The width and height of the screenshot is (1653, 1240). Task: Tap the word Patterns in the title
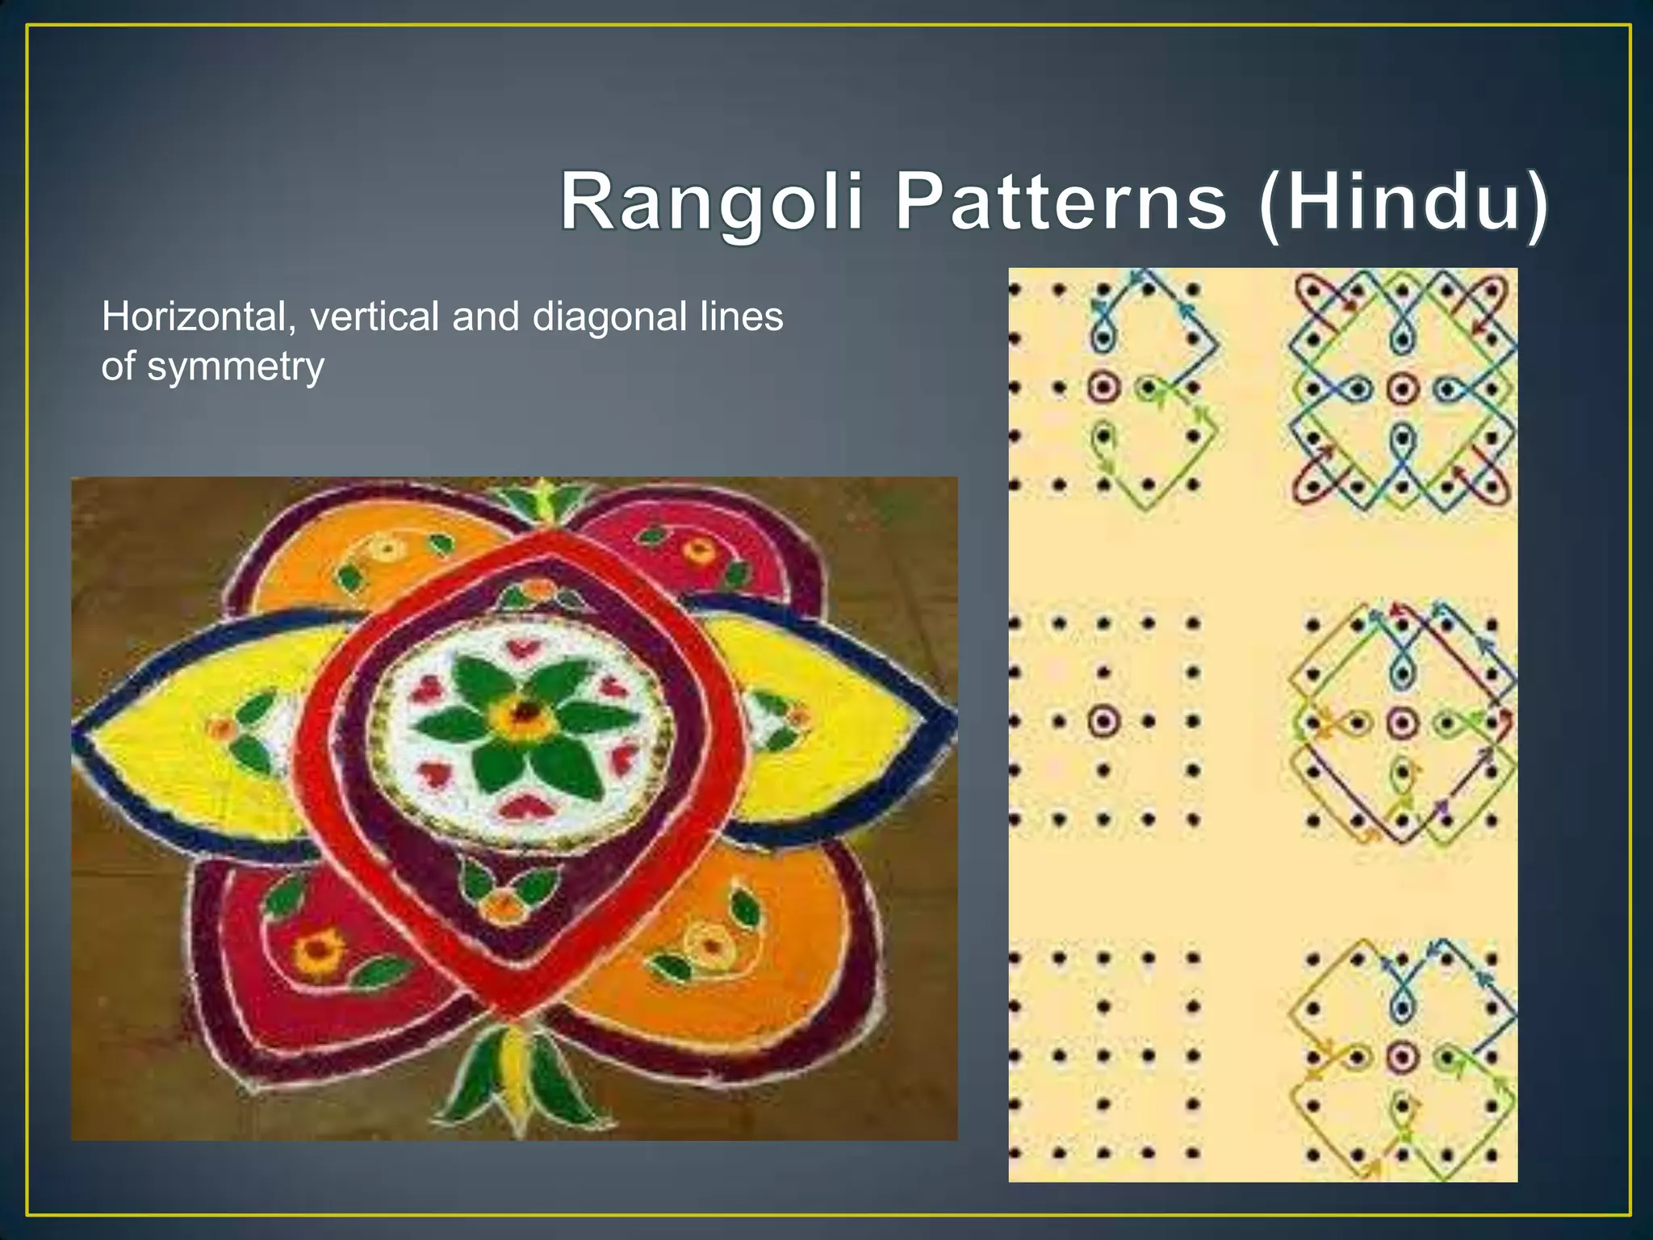coord(1061,202)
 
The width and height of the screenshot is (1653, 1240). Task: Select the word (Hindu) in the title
coord(1403,202)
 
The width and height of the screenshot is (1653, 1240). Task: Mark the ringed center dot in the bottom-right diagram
coord(1403,1056)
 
